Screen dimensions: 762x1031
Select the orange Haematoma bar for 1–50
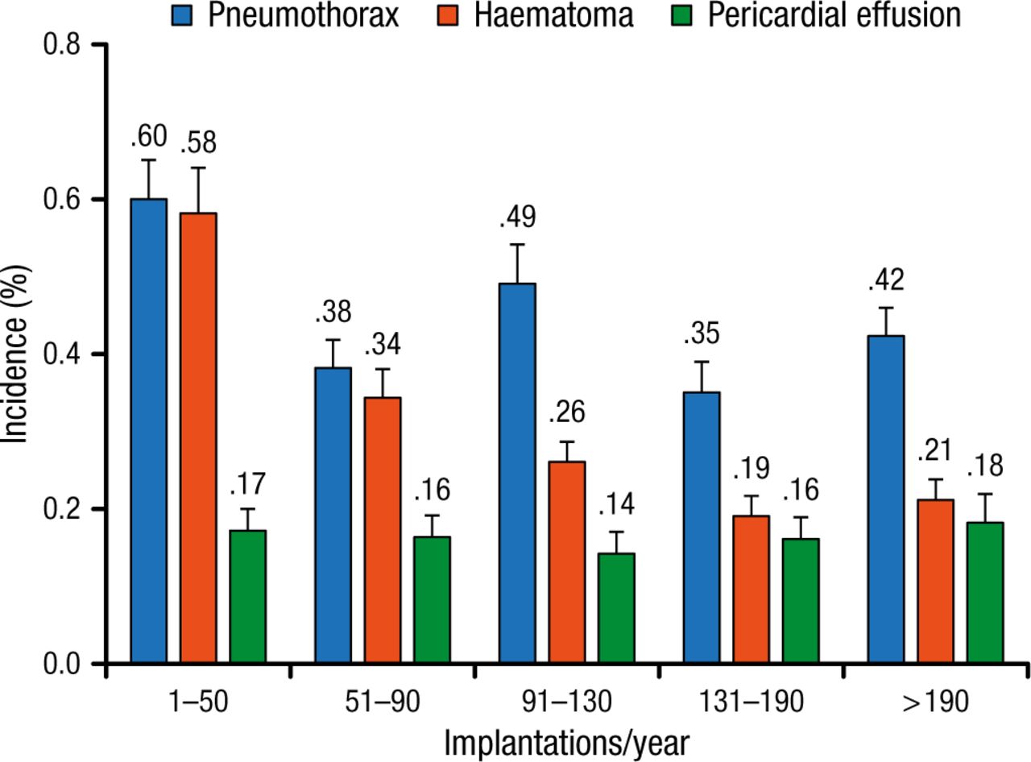coord(198,438)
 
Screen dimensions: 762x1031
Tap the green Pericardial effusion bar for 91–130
coord(617,608)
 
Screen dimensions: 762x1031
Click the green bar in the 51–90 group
coord(432,600)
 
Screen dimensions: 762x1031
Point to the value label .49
coord(518,217)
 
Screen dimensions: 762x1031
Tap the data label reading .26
coord(567,412)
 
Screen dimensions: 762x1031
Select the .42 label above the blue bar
coord(886,280)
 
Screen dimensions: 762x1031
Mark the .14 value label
coord(617,504)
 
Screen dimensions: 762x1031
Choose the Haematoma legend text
coord(553,14)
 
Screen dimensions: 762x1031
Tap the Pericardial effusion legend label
coord(834,14)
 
